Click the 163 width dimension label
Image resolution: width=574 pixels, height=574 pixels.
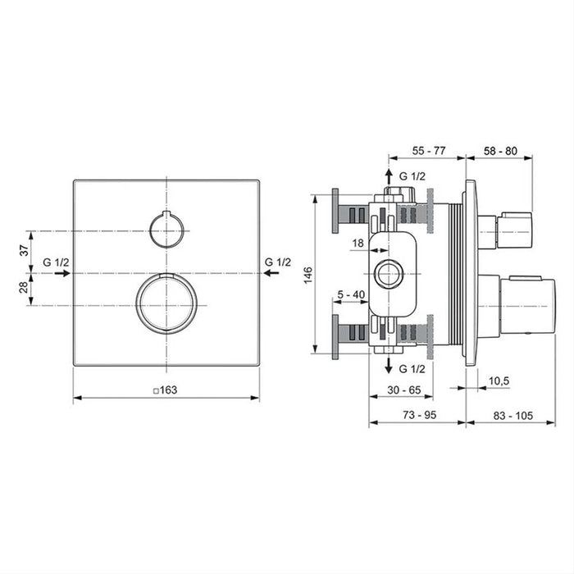click(x=169, y=390)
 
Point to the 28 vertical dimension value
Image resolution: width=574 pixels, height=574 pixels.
click(x=24, y=289)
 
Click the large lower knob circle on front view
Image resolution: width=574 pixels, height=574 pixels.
click(x=167, y=304)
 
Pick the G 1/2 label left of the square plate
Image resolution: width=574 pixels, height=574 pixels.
click(x=57, y=262)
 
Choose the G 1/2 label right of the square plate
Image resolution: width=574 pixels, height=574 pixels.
click(x=279, y=262)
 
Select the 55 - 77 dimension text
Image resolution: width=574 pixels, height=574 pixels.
click(x=428, y=150)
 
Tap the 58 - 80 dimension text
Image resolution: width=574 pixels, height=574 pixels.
click(x=499, y=150)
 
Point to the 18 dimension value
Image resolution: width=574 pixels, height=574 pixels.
click(x=358, y=244)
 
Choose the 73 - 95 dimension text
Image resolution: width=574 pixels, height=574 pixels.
click(x=417, y=416)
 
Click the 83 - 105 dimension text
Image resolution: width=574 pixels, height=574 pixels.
click(x=514, y=416)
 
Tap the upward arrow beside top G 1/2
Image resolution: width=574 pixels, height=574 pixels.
click(x=389, y=177)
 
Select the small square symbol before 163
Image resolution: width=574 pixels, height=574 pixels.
click(x=156, y=391)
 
